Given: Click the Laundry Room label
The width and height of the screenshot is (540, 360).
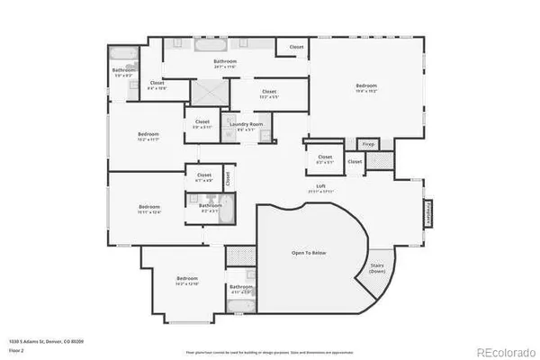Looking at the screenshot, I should pyautogui.click(x=243, y=125).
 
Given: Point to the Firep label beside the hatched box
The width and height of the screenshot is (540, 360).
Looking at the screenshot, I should pyautogui.click(x=368, y=144).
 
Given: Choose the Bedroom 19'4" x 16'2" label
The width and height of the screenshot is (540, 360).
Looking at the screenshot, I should pyautogui.click(x=365, y=88).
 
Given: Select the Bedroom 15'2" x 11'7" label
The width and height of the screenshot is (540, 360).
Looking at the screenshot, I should pyautogui.click(x=148, y=137).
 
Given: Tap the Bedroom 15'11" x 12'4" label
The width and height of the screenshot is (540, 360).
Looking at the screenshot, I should pyautogui.click(x=148, y=209).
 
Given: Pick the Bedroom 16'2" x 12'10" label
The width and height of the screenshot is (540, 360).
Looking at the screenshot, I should pyautogui.click(x=187, y=280).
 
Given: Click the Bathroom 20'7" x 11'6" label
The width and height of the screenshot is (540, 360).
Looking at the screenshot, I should pyautogui.click(x=225, y=63).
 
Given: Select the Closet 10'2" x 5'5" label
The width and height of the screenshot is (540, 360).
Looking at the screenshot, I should pyautogui.click(x=269, y=93).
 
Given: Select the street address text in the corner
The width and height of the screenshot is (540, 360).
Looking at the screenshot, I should pyautogui.click(x=36, y=342).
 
